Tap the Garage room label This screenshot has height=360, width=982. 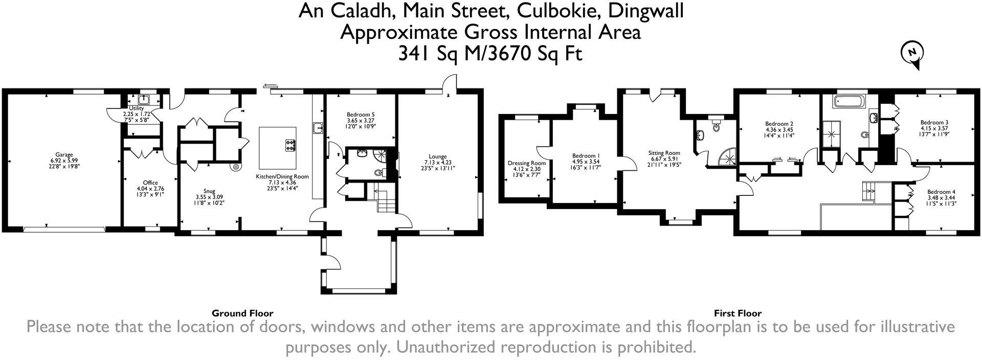tap(64, 154)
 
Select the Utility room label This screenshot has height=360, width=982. tap(136, 108)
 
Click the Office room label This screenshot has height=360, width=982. tap(150, 183)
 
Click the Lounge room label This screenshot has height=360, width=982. tap(438, 156)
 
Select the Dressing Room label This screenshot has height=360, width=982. tap(526, 163)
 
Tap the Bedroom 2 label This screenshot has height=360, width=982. tap(779, 123)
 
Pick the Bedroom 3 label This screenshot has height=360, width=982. tap(934, 122)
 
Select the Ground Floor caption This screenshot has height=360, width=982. tap(242, 313)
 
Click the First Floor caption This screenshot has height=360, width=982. tap(738, 313)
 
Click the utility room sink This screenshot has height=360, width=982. tap(143, 99)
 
